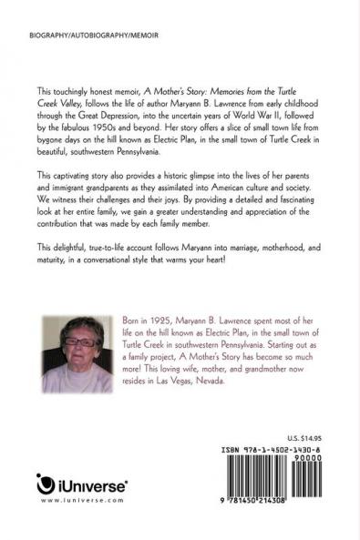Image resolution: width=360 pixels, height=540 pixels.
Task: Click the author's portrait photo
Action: pyautogui.click(x=71, y=355)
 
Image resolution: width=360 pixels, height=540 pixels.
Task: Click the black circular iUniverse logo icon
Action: pyautogui.click(x=46, y=483)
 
